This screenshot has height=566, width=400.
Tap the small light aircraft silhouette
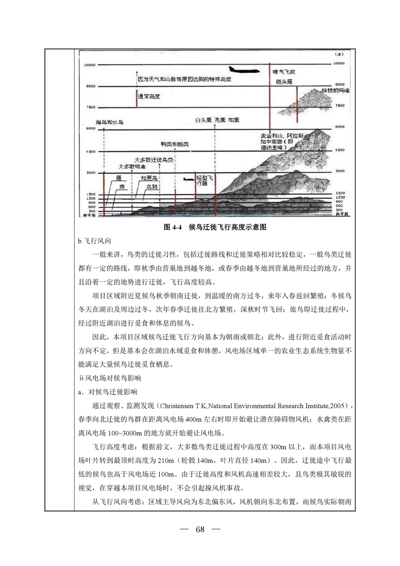188,178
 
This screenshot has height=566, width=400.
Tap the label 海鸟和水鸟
110,123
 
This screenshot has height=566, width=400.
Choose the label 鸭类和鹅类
175,144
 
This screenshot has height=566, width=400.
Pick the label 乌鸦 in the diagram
149,186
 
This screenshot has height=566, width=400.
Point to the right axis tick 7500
339,106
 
